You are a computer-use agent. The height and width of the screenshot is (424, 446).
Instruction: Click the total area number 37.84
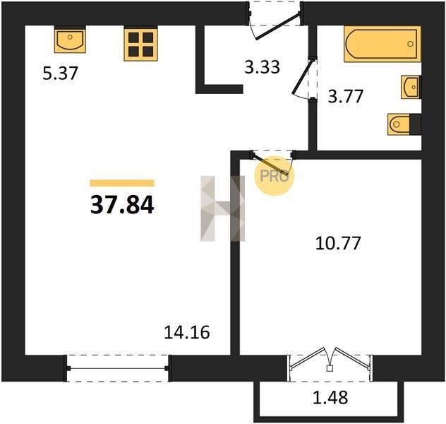[122, 206]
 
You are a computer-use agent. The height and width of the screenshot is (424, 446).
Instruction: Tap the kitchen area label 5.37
[60, 73]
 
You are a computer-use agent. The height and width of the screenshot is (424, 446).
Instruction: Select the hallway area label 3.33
[263, 67]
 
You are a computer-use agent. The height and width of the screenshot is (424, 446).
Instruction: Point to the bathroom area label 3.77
[346, 96]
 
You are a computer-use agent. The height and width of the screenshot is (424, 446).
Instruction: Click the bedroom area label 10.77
[338, 243]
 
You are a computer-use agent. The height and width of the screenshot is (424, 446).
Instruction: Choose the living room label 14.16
[187, 332]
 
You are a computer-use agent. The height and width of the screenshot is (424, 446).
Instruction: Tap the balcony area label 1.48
[330, 398]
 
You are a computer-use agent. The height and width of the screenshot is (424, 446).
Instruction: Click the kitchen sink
[70, 40]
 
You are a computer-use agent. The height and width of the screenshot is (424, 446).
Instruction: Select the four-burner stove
[141, 44]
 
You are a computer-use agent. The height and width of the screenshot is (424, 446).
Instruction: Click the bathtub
[382, 44]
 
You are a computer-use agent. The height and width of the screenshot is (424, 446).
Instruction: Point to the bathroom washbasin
[411, 87]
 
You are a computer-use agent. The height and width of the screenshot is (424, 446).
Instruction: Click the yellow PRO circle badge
[275, 176]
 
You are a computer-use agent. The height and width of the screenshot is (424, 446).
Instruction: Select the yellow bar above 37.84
[122, 183]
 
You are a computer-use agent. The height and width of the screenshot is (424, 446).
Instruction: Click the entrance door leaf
[277, 26]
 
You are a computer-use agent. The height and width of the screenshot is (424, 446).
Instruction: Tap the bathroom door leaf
[303, 76]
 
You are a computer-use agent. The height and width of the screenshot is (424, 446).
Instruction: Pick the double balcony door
[330, 360]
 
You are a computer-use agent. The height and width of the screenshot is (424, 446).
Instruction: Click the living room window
[117, 368]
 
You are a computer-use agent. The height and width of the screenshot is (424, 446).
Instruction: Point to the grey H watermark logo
[223, 208]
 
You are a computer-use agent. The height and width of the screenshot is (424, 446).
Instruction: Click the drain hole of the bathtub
[410, 44]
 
